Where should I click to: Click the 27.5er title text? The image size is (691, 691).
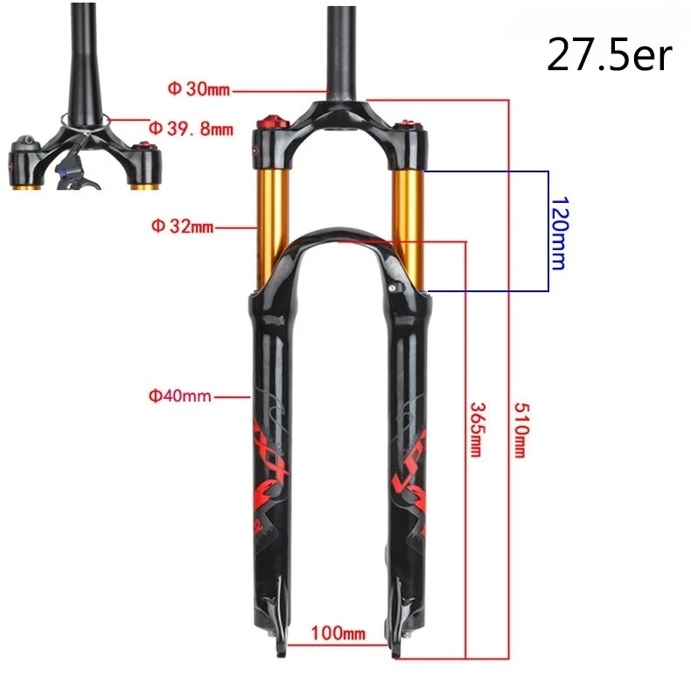609,54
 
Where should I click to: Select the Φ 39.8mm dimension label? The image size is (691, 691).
191,129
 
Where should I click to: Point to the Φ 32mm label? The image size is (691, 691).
182,227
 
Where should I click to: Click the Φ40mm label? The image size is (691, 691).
180,396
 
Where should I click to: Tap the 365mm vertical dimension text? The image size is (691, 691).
478,429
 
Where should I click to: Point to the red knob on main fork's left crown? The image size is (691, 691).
268,122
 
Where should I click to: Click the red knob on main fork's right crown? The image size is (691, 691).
408,123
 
